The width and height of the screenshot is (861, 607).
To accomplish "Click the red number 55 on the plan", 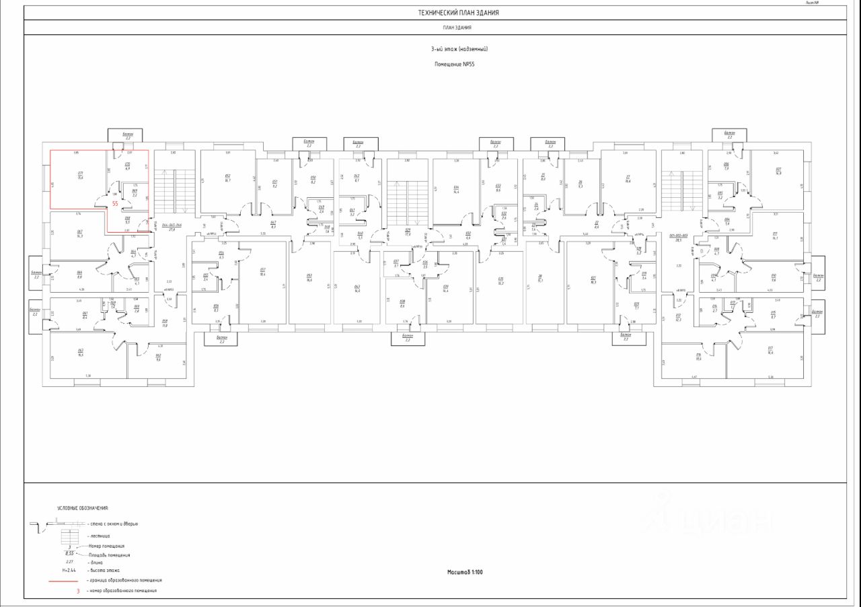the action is (115, 202).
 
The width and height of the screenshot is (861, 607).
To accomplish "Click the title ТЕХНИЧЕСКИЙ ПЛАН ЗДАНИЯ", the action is (458, 13).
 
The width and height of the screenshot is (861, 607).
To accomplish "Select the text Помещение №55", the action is (455, 64).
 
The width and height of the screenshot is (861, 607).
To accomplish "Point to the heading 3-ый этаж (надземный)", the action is (459, 49).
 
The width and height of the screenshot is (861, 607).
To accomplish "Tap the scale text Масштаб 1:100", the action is (465, 573).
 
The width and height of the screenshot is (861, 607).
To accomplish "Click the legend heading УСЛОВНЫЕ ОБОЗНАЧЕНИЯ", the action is (82, 509).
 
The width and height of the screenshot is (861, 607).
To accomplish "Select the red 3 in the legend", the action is (78, 590).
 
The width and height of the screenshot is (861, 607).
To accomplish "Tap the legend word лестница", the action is (100, 536).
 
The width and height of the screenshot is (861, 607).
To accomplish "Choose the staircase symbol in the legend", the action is (70, 536).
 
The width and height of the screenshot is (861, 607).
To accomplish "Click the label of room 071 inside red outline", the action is (61, 175).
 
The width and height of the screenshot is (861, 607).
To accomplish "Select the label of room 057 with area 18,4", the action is (263, 273).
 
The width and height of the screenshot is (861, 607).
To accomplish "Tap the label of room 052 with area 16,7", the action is (227, 178).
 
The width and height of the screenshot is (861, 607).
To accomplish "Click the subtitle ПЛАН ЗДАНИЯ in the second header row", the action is (457, 28).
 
